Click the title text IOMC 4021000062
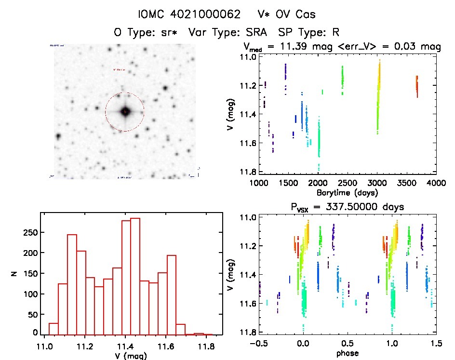(189, 14)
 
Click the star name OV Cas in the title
(299, 14)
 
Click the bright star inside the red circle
(125, 112)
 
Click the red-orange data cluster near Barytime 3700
(417, 86)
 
